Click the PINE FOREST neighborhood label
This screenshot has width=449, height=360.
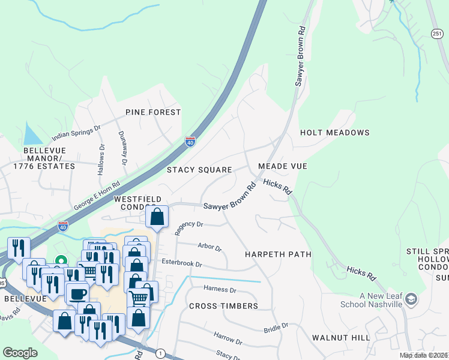[153, 112]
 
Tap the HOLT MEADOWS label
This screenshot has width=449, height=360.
[334, 133]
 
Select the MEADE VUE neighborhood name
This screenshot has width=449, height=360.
[282, 166]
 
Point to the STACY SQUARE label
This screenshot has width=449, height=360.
[199, 170]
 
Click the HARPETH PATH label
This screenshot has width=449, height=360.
[278, 254]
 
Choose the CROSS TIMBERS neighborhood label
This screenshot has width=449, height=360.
[223, 306]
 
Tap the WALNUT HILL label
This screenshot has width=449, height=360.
[341, 338]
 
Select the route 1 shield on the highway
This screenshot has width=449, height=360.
[160, 353]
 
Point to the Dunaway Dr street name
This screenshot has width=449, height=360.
[122, 148]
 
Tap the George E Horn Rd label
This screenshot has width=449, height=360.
[97, 195]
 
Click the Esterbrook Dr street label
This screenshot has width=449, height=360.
[181, 263]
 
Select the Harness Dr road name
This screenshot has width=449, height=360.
[220, 289]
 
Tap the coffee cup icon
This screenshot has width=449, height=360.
[77, 294]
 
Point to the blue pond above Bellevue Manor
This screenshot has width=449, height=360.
[31, 133]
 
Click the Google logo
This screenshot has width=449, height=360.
[20, 353]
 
